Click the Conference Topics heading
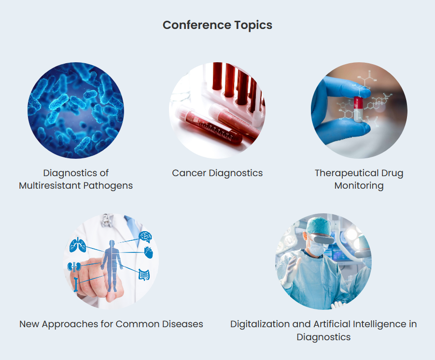pyautogui.click(x=217, y=25)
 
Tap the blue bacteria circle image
pyautogui.click(x=76, y=111)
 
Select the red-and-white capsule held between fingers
pyautogui.click(x=358, y=109)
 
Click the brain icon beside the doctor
pyautogui.click(x=145, y=237)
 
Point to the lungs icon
pyautogui.click(x=78, y=245)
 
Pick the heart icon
pyautogui.click(x=149, y=252)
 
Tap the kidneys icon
pyautogui.click(x=74, y=266)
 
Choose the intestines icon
pyautogui.click(x=144, y=275)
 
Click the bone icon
pyautogui.click(x=76, y=284)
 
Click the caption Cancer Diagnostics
pyautogui.click(x=217, y=173)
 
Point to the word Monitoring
pyautogui.click(x=359, y=185)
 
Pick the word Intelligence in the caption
pyautogui.click(x=380, y=324)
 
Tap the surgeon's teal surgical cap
pyautogui.click(x=318, y=226)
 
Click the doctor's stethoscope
pyautogui.click(x=107, y=221)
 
